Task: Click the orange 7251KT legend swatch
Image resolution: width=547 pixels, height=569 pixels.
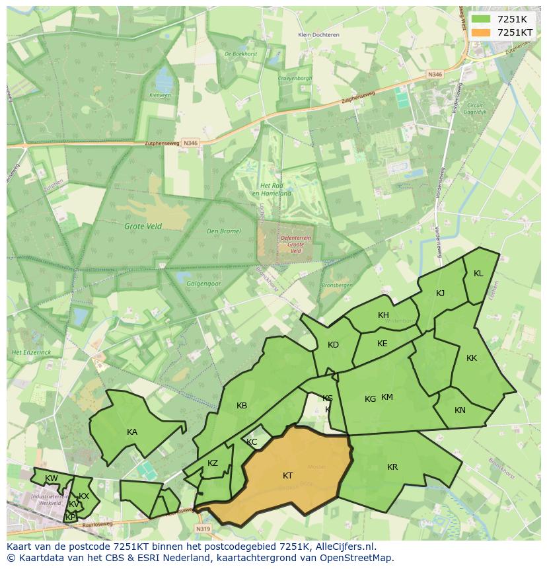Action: [x=481, y=32]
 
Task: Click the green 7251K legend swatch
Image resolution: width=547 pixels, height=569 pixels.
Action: [x=481, y=19]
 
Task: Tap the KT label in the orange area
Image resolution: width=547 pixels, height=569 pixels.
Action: [x=288, y=476]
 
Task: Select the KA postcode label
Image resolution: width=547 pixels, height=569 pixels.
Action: [x=132, y=432]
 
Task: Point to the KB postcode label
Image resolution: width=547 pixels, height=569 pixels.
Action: [x=242, y=406]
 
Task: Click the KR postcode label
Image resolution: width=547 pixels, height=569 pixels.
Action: [x=392, y=467]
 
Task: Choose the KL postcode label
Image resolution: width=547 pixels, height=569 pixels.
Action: [x=478, y=274]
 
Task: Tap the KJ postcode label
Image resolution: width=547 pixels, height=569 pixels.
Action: [x=441, y=293]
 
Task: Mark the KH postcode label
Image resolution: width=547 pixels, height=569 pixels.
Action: [x=383, y=315]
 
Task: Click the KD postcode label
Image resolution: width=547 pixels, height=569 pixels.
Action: [x=333, y=345]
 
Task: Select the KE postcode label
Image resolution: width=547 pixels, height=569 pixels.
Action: [x=382, y=344]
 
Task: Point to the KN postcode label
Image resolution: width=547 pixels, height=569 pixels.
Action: [x=460, y=410]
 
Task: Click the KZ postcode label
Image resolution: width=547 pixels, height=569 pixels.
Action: [x=213, y=463]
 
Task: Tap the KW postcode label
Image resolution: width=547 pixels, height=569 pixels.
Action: [x=51, y=478]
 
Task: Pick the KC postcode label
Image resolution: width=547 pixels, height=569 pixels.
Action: [x=252, y=442]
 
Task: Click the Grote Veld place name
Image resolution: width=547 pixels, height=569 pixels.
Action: [x=143, y=226]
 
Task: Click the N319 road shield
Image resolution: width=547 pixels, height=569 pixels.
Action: [x=203, y=529]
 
